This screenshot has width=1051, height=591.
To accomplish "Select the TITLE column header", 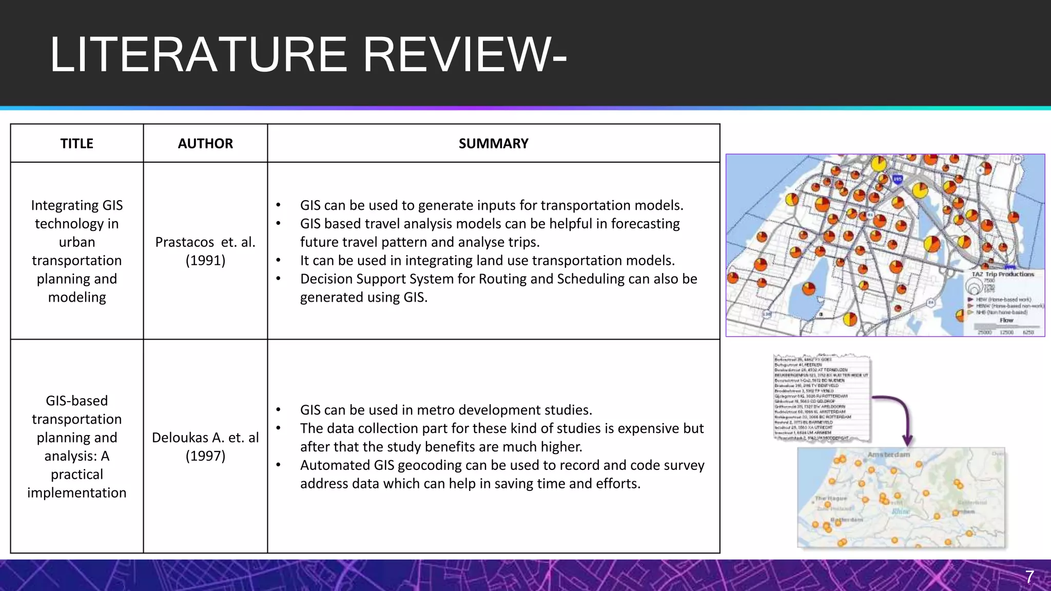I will (77, 144).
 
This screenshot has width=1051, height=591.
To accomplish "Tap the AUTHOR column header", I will (205, 144).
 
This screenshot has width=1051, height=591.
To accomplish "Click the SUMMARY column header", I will (493, 144).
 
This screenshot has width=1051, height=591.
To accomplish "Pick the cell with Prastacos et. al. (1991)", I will (205, 251).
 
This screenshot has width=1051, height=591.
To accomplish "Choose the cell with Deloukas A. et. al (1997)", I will (205, 446).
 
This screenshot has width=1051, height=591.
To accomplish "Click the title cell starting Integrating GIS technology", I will (77, 251).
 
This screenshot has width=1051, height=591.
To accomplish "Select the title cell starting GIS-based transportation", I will (77, 446).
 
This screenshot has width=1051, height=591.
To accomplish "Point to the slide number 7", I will (1029, 577).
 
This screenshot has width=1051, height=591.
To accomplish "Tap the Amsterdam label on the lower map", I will (888, 455).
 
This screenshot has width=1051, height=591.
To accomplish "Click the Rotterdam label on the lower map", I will (847, 520).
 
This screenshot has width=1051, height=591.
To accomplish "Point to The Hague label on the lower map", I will (831, 498).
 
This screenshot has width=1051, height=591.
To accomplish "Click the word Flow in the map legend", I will (1006, 320).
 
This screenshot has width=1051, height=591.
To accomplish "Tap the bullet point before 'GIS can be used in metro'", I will (278, 410).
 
